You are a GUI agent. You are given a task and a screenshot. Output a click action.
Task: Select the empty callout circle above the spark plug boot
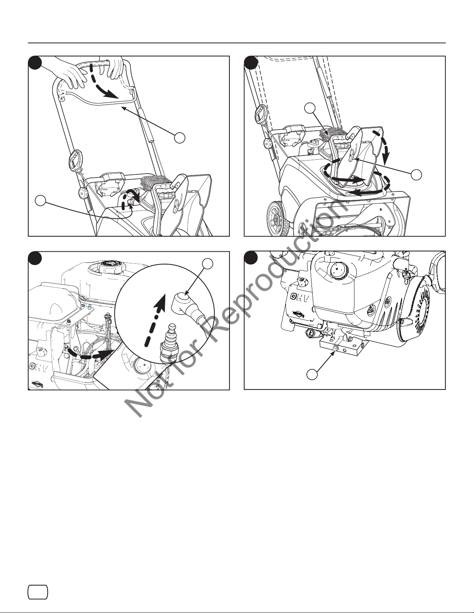pos(207,264)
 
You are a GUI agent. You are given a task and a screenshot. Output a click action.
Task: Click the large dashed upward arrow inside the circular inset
pos(155,320)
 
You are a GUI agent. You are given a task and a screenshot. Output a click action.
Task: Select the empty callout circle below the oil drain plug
pos(312,374)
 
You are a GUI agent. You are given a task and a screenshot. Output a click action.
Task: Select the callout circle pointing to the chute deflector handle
pos(416,175)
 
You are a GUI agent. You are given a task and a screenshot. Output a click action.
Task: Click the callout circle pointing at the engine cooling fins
pos(310,108)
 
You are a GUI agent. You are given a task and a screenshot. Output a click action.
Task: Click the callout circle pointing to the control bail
pos(180,138)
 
